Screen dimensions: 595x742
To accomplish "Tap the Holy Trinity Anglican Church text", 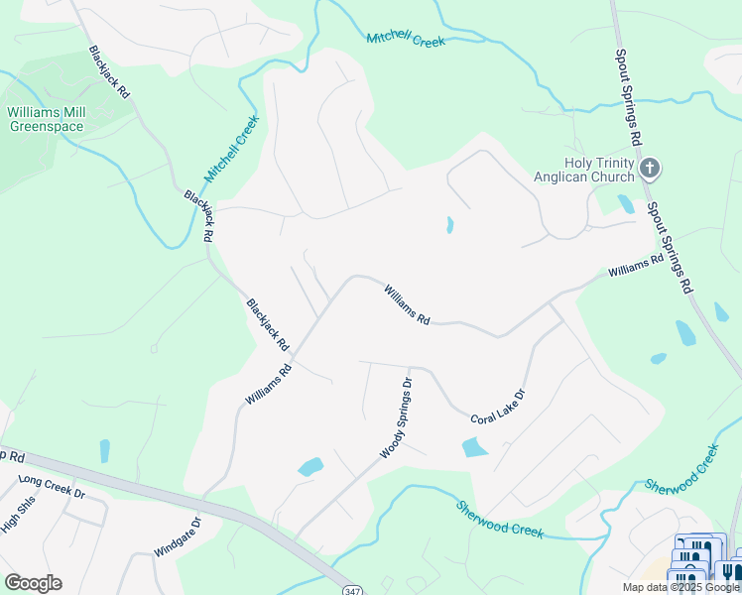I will (x=598, y=170).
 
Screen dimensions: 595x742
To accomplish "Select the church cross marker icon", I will (x=650, y=168).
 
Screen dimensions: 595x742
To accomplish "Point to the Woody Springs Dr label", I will (x=395, y=417).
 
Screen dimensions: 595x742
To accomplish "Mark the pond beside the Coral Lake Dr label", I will (x=474, y=447).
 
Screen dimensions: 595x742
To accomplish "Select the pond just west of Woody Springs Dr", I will (x=310, y=466).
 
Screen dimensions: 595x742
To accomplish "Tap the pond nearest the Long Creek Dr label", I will (x=104, y=451).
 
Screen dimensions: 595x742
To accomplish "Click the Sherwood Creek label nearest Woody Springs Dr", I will (x=500, y=518).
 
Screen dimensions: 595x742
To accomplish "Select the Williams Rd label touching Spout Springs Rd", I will (x=635, y=266).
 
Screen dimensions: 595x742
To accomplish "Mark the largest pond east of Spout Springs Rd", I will (x=685, y=333).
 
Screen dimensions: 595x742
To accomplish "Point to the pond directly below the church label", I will (x=625, y=203).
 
